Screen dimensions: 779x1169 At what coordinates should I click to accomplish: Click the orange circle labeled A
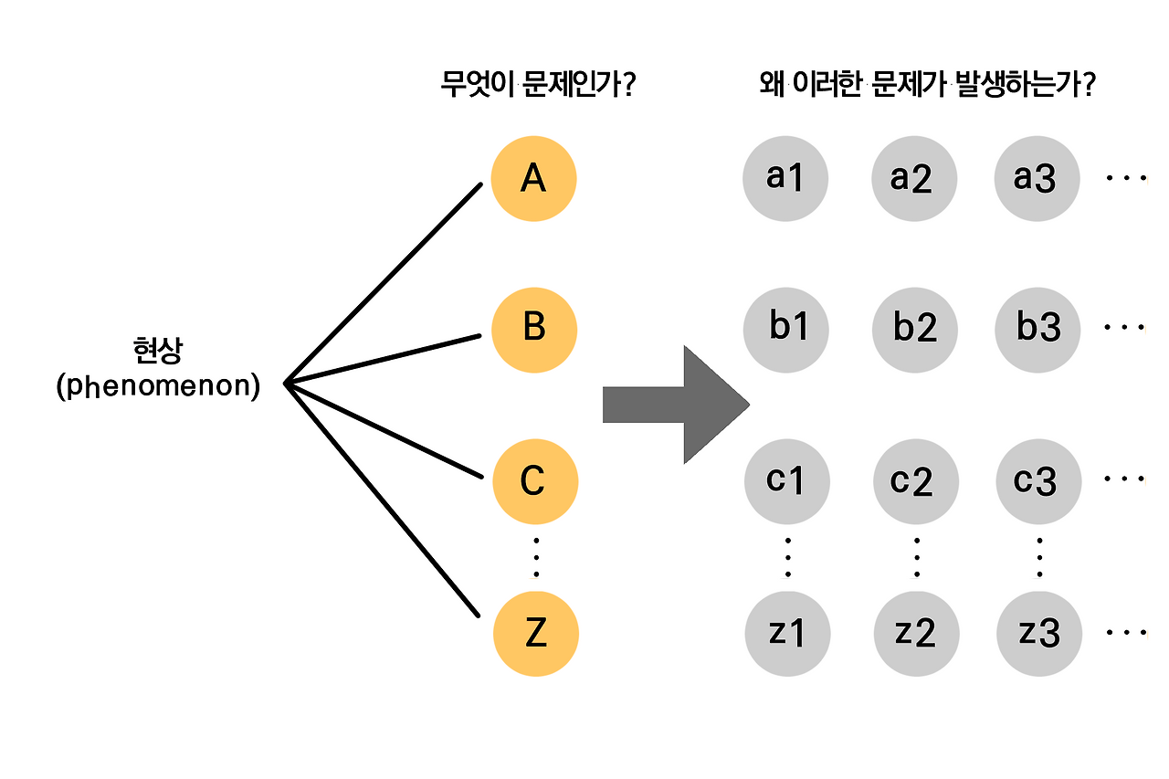(x=533, y=178)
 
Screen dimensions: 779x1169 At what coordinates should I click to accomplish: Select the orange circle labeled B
(x=534, y=328)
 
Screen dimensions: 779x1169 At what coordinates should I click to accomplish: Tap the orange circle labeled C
(x=535, y=480)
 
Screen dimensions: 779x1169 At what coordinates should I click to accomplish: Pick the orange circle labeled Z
(x=536, y=633)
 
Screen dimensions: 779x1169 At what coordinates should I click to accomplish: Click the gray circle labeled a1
(x=785, y=178)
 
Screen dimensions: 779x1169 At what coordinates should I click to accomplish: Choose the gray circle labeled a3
(x=1037, y=178)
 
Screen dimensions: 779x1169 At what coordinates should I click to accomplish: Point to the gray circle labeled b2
(x=914, y=328)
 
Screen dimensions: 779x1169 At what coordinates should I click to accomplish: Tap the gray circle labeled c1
(x=786, y=480)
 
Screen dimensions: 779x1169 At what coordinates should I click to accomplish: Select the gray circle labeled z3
(x=1039, y=633)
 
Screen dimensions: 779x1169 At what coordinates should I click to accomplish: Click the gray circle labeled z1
(x=787, y=633)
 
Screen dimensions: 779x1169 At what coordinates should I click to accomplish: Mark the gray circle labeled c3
(x=1037, y=480)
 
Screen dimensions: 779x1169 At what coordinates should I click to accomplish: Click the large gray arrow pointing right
(x=677, y=405)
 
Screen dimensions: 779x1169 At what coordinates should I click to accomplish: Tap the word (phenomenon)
(x=158, y=386)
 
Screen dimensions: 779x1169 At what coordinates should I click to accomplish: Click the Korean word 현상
(x=158, y=351)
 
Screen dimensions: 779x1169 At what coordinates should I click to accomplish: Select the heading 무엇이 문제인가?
(x=538, y=87)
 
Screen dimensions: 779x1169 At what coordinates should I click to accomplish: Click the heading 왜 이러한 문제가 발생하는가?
(x=928, y=87)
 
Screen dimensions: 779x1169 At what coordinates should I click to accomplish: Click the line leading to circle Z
(x=384, y=500)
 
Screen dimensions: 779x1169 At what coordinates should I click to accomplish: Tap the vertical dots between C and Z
(x=536, y=557)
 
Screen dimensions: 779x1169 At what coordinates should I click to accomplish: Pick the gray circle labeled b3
(x=1038, y=328)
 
